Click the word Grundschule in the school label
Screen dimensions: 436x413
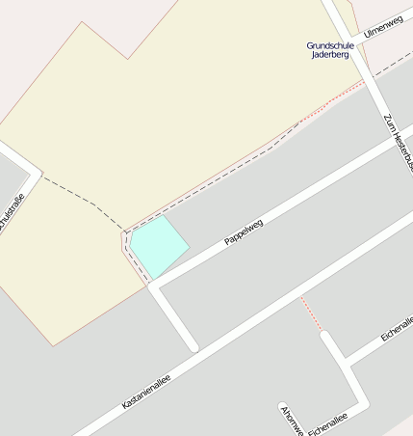pyautogui.click(x=330, y=45)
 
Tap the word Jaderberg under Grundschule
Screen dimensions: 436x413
pyautogui.click(x=330, y=55)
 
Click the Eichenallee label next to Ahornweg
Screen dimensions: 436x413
pyautogui.click(x=326, y=419)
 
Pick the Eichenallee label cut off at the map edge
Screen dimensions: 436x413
pyautogui.click(x=397, y=329)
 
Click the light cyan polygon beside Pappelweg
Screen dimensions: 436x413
pyautogui.click(x=158, y=245)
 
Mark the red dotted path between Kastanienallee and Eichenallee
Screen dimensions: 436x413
pyautogui.click(x=311, y=314)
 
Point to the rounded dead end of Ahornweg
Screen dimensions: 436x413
pyautogui.click(x=283, y=407)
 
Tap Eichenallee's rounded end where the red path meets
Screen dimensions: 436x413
pyautogui.click(x=325, y=337)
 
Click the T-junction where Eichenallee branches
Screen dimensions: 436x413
pyautogui.click(x=348, y=363)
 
